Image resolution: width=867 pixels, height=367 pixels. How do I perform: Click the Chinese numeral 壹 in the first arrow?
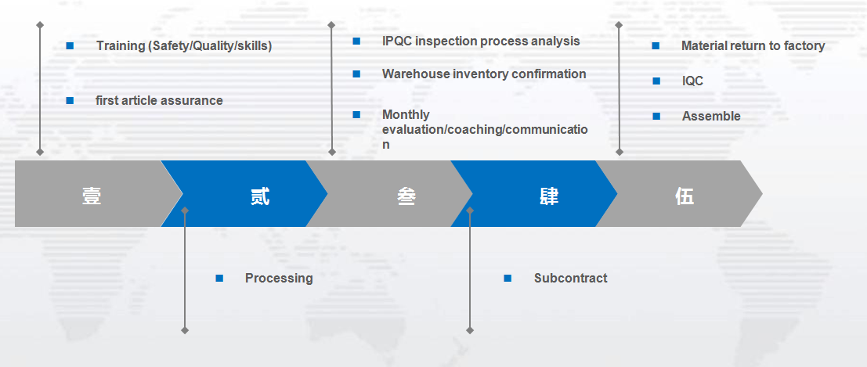[92, 196]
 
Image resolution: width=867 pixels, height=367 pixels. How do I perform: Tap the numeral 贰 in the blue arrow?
[260, 196]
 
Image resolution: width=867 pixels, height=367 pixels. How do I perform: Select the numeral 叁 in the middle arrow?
[406, 196]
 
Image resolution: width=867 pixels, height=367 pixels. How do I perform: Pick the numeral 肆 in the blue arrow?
[549, 196]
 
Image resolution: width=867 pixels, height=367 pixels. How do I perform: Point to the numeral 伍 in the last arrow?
[685, 196]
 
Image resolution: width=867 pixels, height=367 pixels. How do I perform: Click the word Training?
[121, 46]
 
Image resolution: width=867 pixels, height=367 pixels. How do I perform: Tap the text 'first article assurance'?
[159, 100]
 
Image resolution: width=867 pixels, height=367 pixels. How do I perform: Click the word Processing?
[278, 278]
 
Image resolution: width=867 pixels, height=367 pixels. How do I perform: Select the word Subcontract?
[570, 278]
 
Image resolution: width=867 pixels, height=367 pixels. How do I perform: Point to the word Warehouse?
[416, 74]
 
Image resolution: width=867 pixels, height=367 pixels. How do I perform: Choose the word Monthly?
[406, 114]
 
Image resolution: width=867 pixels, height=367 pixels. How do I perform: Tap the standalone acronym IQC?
[692, 81]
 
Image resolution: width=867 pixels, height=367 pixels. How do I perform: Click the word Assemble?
[710, 116]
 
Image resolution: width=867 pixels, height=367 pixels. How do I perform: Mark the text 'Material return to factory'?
[752, 46]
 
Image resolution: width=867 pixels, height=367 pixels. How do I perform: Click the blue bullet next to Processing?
[219, 278]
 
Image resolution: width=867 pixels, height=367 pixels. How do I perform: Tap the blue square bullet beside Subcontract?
[508, 278]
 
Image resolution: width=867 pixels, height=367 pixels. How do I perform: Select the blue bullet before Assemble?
[656, 116]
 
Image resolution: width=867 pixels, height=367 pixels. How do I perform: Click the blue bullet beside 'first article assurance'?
[70, 100]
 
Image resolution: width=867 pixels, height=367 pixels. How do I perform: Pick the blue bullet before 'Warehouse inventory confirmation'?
[356, 74]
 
